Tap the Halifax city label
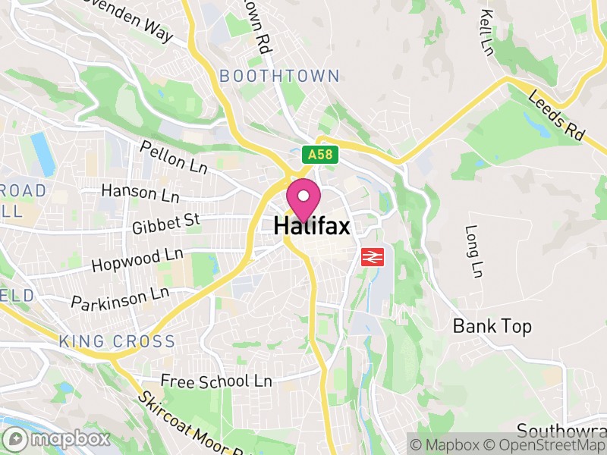pyautogui.click(x=311, y=226)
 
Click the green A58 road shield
pyautogui.click(x=319, y=155)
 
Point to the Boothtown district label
pyautogui.click(x=279, y=76)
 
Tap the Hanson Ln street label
pyautogui.click(x=140, y=193)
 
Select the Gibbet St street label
pyautogui.click(x=165, y=223)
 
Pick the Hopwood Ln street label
pyautogui.click(x=137, y=259)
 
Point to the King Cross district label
pyautogui.click(x=117, y=342)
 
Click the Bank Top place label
pyautogui.click(x=492, y=326)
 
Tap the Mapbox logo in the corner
pyautogui.click(x=57, y=439)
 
